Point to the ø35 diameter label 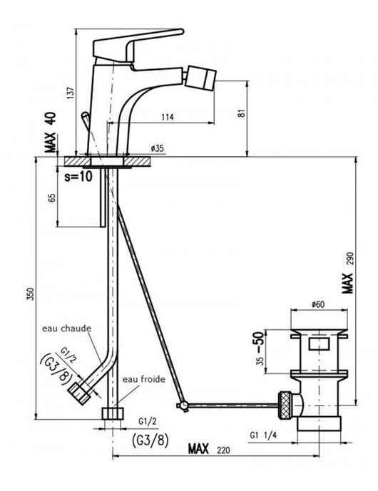tap(157, 148)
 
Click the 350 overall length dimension tap(29, 296)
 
